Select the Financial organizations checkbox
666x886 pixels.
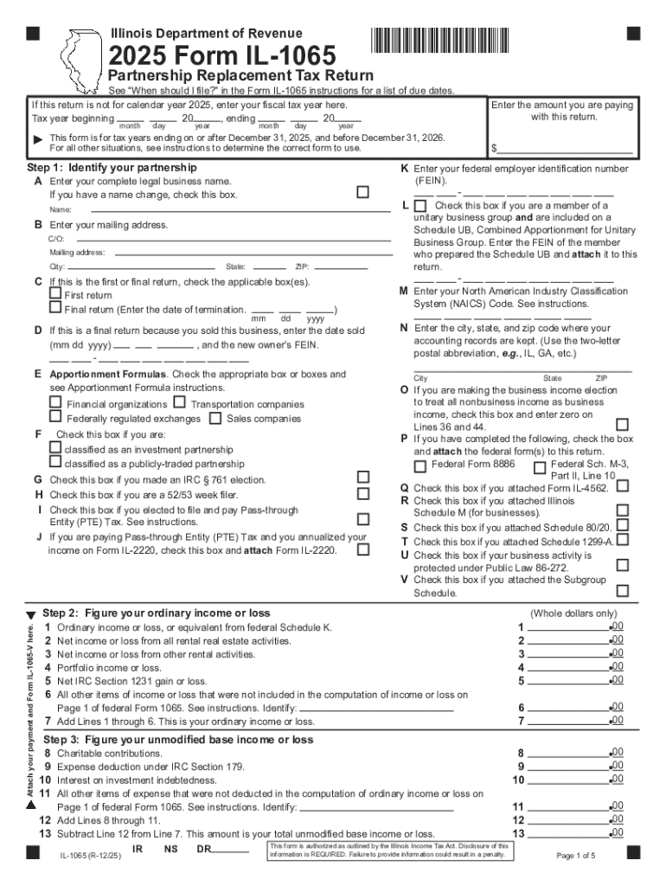pos(56,403)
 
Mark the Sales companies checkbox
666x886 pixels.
pos(215,418)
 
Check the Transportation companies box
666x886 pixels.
pos(179,403)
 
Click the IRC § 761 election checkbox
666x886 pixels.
pos(363,478)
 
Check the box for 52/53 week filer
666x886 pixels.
pos(363,493)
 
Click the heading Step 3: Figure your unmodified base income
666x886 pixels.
pos(178,740)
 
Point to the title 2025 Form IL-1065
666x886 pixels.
pos(221,58)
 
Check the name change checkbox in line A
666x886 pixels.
pos(363,191)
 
